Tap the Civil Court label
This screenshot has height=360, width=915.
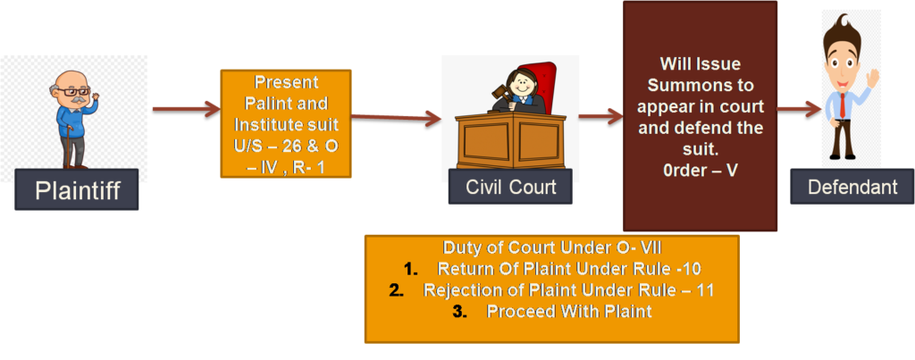click(x=511, y=188)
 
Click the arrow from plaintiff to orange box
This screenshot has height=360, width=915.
click(x=186, y=109)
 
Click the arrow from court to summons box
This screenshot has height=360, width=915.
click(x=600, y=115)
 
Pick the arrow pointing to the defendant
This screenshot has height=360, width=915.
click(x=798, y=110)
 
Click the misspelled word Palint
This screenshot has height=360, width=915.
click(x=271, y=99)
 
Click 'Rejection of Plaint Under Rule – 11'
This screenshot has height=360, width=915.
click(x=569, y=290)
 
